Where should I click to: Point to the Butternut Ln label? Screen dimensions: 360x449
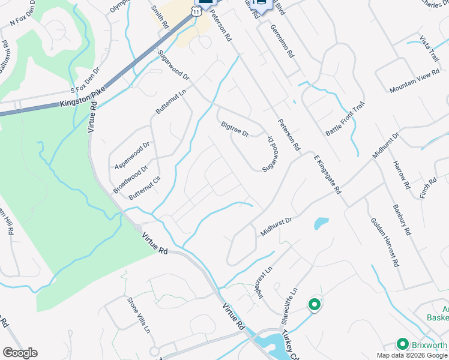click(x=171, y=100)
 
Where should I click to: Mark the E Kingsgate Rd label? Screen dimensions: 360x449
click(x=327, y=174)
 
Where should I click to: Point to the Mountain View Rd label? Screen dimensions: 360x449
click(x=415, y=81)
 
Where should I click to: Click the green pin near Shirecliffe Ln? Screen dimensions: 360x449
click(x=313, y=305)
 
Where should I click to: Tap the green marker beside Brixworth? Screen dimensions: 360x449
click(x=402, y=344)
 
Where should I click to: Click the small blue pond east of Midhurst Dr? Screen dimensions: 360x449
click(x=321, y=223)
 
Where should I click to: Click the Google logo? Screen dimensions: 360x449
click(x=20, y=353)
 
